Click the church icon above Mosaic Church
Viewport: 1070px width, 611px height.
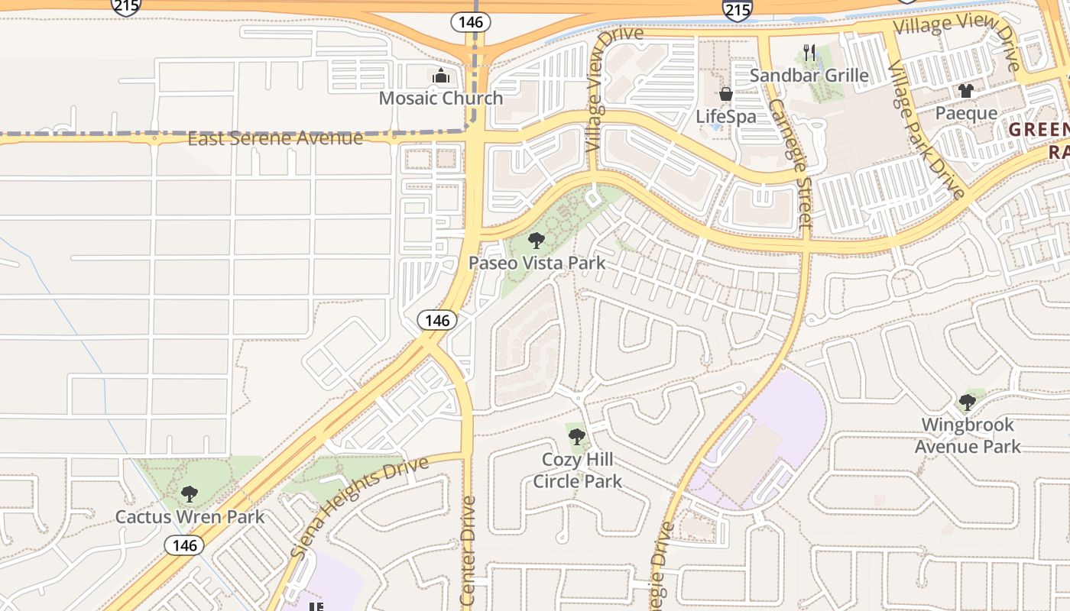point(441,76)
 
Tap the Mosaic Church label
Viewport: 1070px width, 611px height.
point(441,99)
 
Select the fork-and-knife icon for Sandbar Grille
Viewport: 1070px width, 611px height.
point(809,53)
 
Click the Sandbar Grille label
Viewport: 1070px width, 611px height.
point(809,75)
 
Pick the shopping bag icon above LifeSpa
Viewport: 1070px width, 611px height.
point(725,95)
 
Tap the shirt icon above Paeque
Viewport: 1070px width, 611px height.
point(966,92)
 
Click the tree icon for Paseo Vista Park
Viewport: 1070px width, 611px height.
point(537,241)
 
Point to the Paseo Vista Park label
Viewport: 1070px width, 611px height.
point(537,263)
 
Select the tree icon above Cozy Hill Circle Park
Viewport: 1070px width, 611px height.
point(577,437)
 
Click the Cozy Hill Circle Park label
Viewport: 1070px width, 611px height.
point(577,470)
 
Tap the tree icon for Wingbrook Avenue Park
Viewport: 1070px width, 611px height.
point(968,402)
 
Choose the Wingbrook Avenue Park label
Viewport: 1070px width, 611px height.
point(968,435)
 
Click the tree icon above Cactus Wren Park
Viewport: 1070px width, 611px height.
point(190,495)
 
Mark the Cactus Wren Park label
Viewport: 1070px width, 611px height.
point(190,517)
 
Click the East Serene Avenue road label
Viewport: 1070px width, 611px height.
point(275,138)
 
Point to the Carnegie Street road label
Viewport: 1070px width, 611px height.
point(790,163)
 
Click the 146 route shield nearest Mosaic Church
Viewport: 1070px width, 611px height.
point(470,22)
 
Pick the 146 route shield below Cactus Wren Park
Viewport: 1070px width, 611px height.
point(184,545)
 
